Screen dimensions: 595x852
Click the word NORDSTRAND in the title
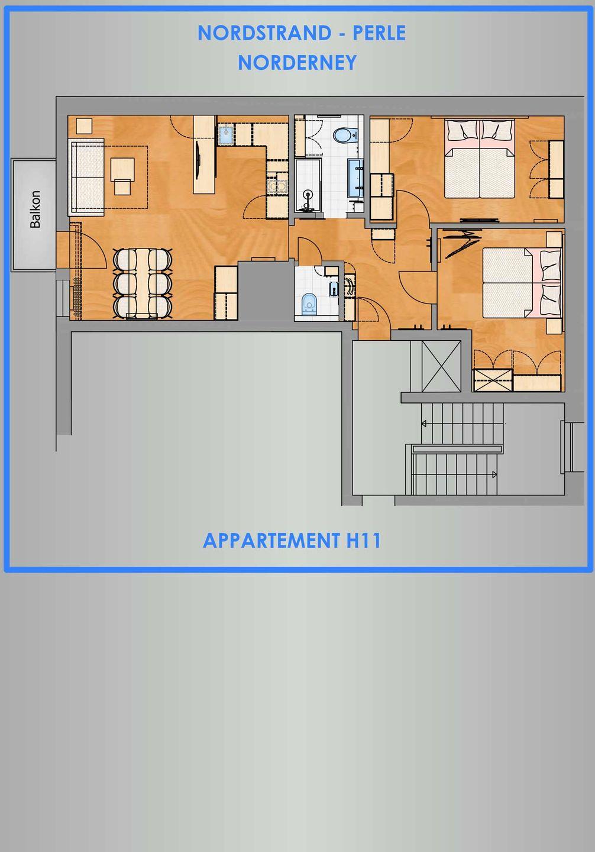[x=264, y=33]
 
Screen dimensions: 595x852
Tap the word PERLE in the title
[x=379, y=33]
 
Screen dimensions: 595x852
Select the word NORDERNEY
[x=297, y=62]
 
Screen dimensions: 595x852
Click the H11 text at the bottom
[x=363, y=541]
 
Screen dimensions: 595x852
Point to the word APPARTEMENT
[x=271, y=541]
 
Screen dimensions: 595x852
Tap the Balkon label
[x=35, y=209]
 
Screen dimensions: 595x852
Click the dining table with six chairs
[x=143, y=283]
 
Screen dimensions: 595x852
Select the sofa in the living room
[x=86, y=177]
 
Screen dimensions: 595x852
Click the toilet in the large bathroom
[x=344, y=135]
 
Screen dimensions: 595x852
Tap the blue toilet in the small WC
[x=310, y=304]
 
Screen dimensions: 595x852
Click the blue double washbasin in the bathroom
[x=356, y=177]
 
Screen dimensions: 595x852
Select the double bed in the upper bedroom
[x=480, y=159]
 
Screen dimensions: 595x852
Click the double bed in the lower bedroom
[x=522, y=283]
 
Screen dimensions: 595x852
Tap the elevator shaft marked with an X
[x=441, y=366]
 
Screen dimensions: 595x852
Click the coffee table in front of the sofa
[x=122, y=169]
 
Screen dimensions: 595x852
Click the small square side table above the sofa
[x=84, y=126]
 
